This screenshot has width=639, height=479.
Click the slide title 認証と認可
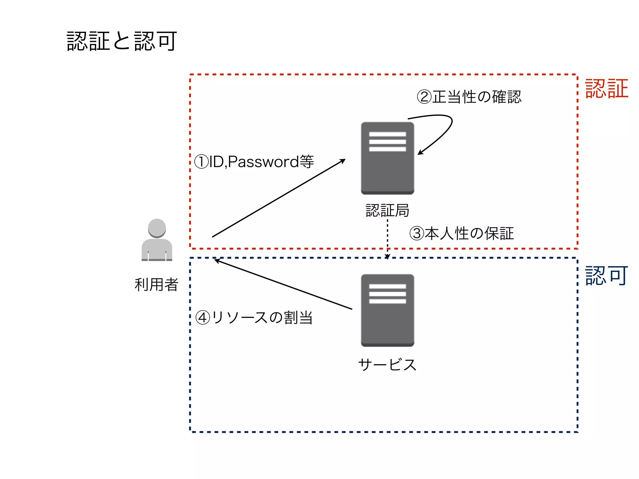pyautogui.click(x=122, y=41)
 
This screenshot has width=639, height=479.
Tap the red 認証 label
pyautogui.click(x=606, y=89)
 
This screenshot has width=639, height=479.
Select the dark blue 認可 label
pyautogui.click(x=606, y=276)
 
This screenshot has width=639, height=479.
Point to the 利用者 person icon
pyautogui.click(x=157, y=240)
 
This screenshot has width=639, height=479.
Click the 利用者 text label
pyautogui.click(x=156, y=284)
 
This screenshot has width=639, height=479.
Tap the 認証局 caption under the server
pyautogui.click(x=388, y=210)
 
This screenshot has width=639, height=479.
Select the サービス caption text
pyautogui.click(x=388, y=365)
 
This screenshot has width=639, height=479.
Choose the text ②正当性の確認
pyautogui.click(x=469, y=97)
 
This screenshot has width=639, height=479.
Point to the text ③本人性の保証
pyautogui.click(x=461, y=233)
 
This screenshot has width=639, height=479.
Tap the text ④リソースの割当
pyautogui.click(x=254, y=318)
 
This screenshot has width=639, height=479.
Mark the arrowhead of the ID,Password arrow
pyautogui.click(x=343, y=161)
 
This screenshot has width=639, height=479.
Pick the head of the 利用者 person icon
pyautogui.click(x=157, y=228)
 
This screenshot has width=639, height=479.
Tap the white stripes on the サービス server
pyautogui.click(x=388, y=294)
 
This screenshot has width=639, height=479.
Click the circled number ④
pyautogui.click(x=202, y=318)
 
